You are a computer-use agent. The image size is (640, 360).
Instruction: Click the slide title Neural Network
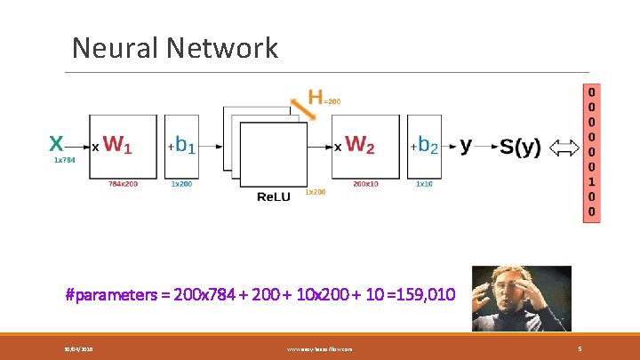click(x=175, y=47)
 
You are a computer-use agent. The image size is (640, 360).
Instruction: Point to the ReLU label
click(x=272, y=196)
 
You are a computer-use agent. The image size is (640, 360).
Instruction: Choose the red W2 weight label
click(x=360, y=144)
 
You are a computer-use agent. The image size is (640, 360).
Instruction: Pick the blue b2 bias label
click(x=428, y=145)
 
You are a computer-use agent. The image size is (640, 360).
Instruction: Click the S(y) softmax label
click(x=520, y=148)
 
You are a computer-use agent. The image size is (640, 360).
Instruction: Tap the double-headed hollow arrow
click(x=564, y=148)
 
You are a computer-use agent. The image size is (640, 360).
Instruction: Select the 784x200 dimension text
click(x=123, y=184)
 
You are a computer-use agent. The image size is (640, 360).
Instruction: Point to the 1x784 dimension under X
click(x=63, y=161)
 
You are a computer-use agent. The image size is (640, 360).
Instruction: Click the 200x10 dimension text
click(x=364, y=184)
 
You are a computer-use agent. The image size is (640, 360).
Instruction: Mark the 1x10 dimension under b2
click(x=425, y=184)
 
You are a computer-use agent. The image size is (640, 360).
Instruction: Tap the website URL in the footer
click(x=319, y=349)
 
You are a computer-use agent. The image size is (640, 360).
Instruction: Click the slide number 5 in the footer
click(x=580, y=349)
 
